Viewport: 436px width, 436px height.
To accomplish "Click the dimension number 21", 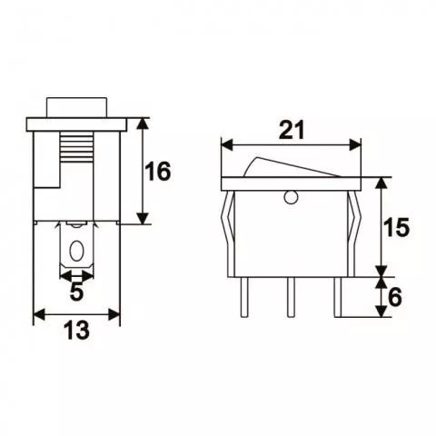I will pos(291,129).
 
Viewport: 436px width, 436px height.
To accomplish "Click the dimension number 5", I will pos(76,292).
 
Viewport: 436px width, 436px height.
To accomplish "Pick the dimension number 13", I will pos(76,332).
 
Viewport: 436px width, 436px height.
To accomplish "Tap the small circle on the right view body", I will pos(291,197).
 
